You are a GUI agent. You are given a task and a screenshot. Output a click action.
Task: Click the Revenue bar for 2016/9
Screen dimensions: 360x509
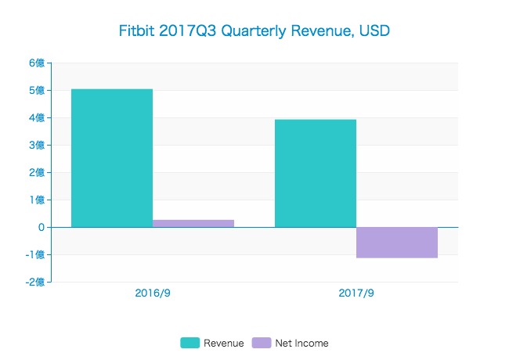112,158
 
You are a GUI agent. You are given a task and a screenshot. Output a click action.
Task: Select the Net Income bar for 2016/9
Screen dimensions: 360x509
193,223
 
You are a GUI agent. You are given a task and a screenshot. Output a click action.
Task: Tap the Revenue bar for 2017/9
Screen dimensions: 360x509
316,173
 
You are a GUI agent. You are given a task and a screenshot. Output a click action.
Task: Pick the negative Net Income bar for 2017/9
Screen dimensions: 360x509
397,242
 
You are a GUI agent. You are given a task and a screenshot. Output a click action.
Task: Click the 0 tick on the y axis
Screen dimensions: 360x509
41,228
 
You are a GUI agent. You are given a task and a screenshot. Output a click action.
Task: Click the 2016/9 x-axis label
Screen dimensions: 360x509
153,294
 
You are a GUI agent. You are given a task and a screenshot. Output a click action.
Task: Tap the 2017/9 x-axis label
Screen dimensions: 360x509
356,294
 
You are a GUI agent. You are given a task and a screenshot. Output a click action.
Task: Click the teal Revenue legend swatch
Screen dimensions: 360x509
190,343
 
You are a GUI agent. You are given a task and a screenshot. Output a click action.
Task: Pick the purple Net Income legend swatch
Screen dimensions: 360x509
262,343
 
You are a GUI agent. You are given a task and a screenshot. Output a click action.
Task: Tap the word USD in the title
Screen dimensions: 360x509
374,31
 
